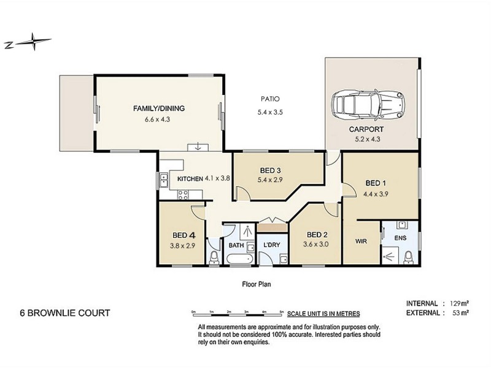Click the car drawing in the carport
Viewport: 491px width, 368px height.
click(x=368, y=105)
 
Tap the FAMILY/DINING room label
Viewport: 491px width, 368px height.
click(x=159, y=109)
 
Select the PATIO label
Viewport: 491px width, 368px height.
click(x=270, y=99)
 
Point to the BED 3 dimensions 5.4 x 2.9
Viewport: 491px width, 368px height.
click(x=269, y=180)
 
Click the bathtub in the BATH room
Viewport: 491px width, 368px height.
click(x=239, y=259)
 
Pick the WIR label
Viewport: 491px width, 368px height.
click(x=361, y=241)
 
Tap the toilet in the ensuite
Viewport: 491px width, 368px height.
click(x=408, y=257)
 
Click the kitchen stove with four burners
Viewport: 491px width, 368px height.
click(x=183, y=194)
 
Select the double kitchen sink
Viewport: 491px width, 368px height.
click(x=164, y=180)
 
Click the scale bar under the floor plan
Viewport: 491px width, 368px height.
click(x=238, y=313)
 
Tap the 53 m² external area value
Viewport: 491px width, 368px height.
click(x=461, y=313)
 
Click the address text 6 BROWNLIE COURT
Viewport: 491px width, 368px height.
click(x=65, y=313)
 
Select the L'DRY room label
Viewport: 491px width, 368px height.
click(x=271, y=245)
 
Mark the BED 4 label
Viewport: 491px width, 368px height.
click(x=184, y=235)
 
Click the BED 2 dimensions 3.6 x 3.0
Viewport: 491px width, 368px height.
click(x=315, y=244)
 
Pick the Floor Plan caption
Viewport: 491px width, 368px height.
click(x=257, y=284)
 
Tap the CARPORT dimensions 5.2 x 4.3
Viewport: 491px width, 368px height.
click(x=368, y=139)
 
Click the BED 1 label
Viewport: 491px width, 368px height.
click(x=376, y=183)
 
